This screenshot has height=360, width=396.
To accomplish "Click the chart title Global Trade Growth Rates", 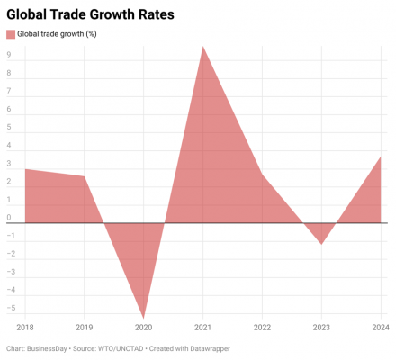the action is (x=90, y=14).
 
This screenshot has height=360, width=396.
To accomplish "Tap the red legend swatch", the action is (x=11, y=34).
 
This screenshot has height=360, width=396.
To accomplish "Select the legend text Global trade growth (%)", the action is (x=57, y=34).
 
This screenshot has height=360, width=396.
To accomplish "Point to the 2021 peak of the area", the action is (x=203, y=47).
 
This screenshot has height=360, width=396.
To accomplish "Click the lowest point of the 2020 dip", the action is (x=144, y=318).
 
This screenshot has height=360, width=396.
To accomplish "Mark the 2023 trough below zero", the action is (x=321, y=244).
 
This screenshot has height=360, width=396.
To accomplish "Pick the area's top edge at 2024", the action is (x=381, y=157).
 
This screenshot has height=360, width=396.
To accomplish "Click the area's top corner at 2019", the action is (x=84, y=176).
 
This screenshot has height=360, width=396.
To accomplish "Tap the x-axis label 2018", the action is (x=25, y=328).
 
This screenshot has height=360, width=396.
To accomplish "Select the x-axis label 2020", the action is (x=143, y=328).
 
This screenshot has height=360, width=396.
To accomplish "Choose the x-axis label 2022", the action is (x=262, y=328).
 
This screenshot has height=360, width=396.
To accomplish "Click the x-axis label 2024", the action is (x=381, y=328).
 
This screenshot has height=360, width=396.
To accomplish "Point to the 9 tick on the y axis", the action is (x=9, y=55).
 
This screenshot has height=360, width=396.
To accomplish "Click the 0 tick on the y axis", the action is (x=9, y=217).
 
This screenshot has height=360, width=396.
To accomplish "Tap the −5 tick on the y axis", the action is (x=11, y=308).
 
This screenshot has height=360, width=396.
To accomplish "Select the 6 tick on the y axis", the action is (x=9, y=109).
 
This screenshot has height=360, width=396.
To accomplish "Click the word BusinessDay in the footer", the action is (x=47, y=348).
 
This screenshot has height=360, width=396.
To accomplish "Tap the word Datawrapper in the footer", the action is (x=210, y=348).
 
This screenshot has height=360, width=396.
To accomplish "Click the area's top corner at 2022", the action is (x=262, y=175).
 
